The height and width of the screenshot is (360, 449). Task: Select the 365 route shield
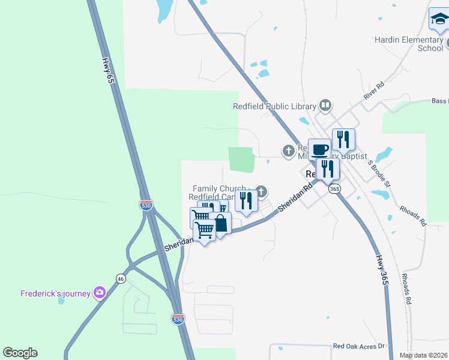pyautogui.click(x=335, y=188)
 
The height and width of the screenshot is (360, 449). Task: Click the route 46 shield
pyautogui.click(x=121, y=278)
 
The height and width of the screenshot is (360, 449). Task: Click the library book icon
pyautogui.click(x=325, y=106)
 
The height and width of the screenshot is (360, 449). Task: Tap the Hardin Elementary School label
pyautogui.click(x=409, y=44)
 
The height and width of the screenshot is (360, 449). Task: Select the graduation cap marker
pyautogui.click(x=439, y=21)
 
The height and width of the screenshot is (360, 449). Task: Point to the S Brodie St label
pyautogui.click(x=379, y=172)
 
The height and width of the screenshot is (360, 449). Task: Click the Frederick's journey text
pyautogui.click(x=55, y=293)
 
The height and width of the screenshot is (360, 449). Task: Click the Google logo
pyautogui.click(x=20, y=353)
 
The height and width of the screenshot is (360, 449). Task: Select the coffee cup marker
pyautogui.click(x=319, y=149)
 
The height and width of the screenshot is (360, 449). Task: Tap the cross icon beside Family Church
pyautogui.click(x=261, y=191)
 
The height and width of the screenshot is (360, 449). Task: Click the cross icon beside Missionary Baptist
pyautogui.click(x=289, y=149)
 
